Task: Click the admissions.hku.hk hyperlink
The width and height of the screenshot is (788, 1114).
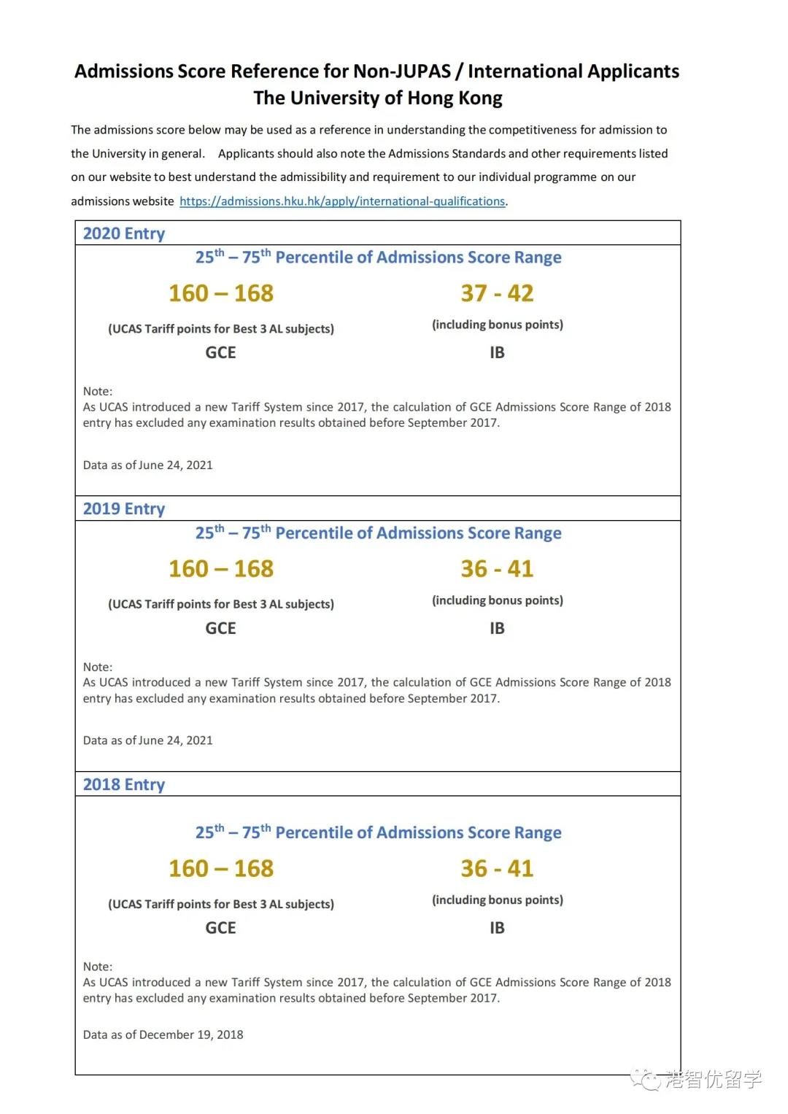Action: click(342, 201)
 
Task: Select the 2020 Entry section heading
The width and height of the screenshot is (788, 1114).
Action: click(124, 233)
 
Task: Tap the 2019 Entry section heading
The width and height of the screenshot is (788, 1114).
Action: click(124, 508)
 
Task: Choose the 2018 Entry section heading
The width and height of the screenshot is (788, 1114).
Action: click(124, 784)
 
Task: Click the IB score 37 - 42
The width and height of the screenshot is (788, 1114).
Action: click(497, 293)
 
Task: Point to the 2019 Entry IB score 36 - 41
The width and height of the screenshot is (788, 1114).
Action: click(497, 569)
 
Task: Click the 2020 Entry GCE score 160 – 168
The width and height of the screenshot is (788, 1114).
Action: click(221, 293)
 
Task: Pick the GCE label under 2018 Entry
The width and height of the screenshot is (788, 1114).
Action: click(220, 928)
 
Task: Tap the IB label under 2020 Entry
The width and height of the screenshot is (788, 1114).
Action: click(497, 352)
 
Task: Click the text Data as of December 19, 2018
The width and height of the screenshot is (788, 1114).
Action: click(163, 1034)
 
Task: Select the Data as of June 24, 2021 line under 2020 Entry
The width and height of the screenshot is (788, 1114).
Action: click(148, 465)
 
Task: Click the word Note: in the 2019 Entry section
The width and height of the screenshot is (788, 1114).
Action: click(98, 667)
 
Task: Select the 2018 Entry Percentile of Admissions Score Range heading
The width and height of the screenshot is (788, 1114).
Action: click(378, 832)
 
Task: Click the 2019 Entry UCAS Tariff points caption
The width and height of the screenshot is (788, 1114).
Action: click(221, 604)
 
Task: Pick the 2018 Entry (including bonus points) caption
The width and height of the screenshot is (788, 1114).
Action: click(498, 900)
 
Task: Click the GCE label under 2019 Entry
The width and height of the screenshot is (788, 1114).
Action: click(220, 628)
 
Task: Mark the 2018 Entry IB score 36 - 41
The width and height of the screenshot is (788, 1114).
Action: click(497, 868)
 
